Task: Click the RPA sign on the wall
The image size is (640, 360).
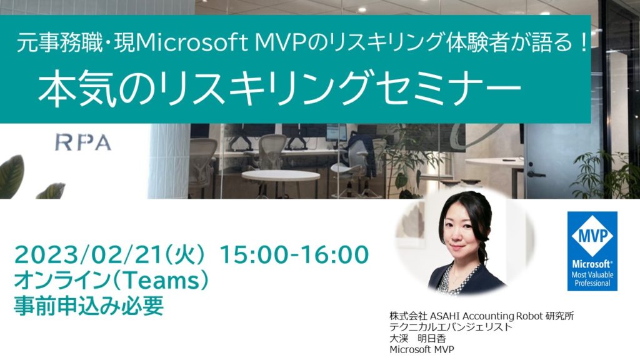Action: [x=83, y=142]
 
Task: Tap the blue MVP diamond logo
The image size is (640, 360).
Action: [x=592, y=236]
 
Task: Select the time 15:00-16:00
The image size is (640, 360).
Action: [x=294, y=254]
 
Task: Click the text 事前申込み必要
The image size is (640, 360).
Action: [x=89, y=305]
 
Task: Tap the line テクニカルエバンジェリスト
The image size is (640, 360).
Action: [x=450, y=327]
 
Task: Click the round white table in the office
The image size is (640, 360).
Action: [x=281, y=176]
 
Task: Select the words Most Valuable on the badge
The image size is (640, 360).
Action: [x=592, y=275]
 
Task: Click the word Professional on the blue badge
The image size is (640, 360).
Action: [x=592, y=283]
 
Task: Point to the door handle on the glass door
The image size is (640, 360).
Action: [x=536, y=174]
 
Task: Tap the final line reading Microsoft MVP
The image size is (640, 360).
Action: [x=422, y=349]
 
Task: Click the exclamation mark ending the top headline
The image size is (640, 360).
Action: [x=582, y=43]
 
